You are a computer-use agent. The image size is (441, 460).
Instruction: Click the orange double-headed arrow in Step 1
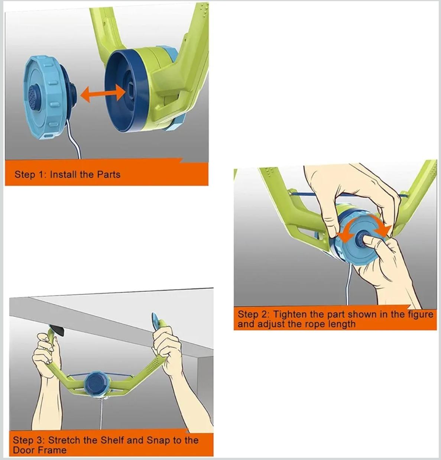103,94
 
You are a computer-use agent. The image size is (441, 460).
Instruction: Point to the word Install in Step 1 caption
64,174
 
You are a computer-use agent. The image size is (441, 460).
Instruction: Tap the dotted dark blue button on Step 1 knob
36,97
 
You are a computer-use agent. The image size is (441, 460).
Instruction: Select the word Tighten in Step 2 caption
290,315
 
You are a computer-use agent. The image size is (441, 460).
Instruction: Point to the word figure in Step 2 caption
421,315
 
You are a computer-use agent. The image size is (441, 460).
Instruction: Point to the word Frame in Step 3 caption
52,450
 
